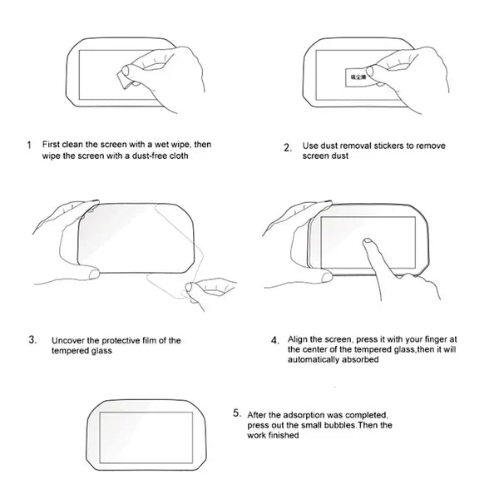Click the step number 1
(x=29, y=145)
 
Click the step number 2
(x=287, y=149)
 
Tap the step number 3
(x=32, y=339)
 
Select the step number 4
(x=275, y=340)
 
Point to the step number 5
(x=237, y=413)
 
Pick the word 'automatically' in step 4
(x=317, y=360)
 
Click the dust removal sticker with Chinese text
(x=355, y=76)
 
